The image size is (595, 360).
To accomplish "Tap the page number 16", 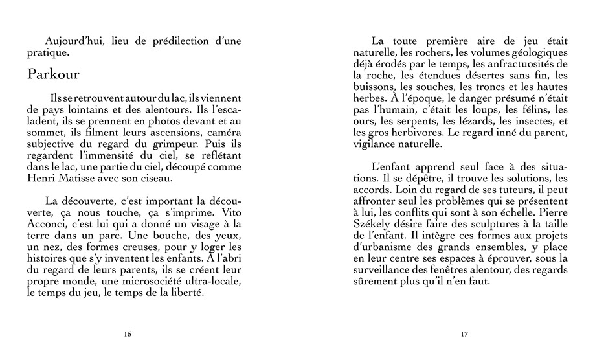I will click(x=127, y=334).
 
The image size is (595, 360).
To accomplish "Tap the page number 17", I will click(x=464, y=334).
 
